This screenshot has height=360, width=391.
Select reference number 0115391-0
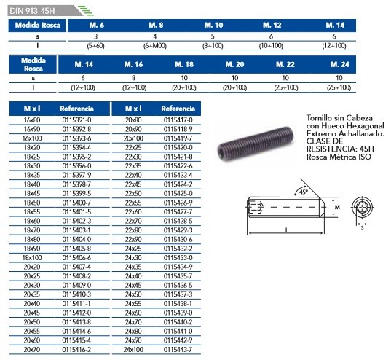click(76, 120)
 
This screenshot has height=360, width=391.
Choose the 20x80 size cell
click(133, 120)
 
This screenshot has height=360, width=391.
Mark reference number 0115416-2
click(76, 350)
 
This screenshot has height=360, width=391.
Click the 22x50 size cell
click(133, 194)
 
